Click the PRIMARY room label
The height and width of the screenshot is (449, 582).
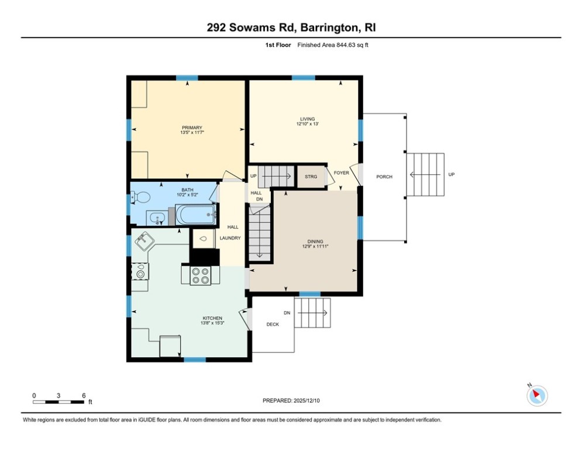pyautogui.click(x=192, y=127)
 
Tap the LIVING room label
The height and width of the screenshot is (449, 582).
pyautogui.click(x=307, y=119)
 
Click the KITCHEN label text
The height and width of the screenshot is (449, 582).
pyautogui.click(x=196, y=318)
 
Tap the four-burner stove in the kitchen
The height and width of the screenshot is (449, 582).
pyautogui.click(x=200, y=275)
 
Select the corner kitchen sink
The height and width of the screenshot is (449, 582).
pyautogui.click(x=144, y=240)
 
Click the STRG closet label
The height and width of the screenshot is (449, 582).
pyautogui.click(x=311, y=177)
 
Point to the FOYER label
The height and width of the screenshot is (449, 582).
pyautogui.click(x=341, y=173)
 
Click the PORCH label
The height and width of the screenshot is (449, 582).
pyautogui.click(x=384, y=177)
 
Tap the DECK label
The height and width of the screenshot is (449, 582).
pyautogui.click(x=273, y=324)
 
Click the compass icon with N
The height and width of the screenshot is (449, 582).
pyautogui.click(x=536, y=396)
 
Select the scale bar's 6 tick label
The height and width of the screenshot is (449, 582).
pyautogui.click(x=84, y=395)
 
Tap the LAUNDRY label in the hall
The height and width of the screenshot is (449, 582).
pyautogui.click(x=230, y=238)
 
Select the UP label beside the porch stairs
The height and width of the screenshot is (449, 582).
pyautogui.click(x=451, y=174)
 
